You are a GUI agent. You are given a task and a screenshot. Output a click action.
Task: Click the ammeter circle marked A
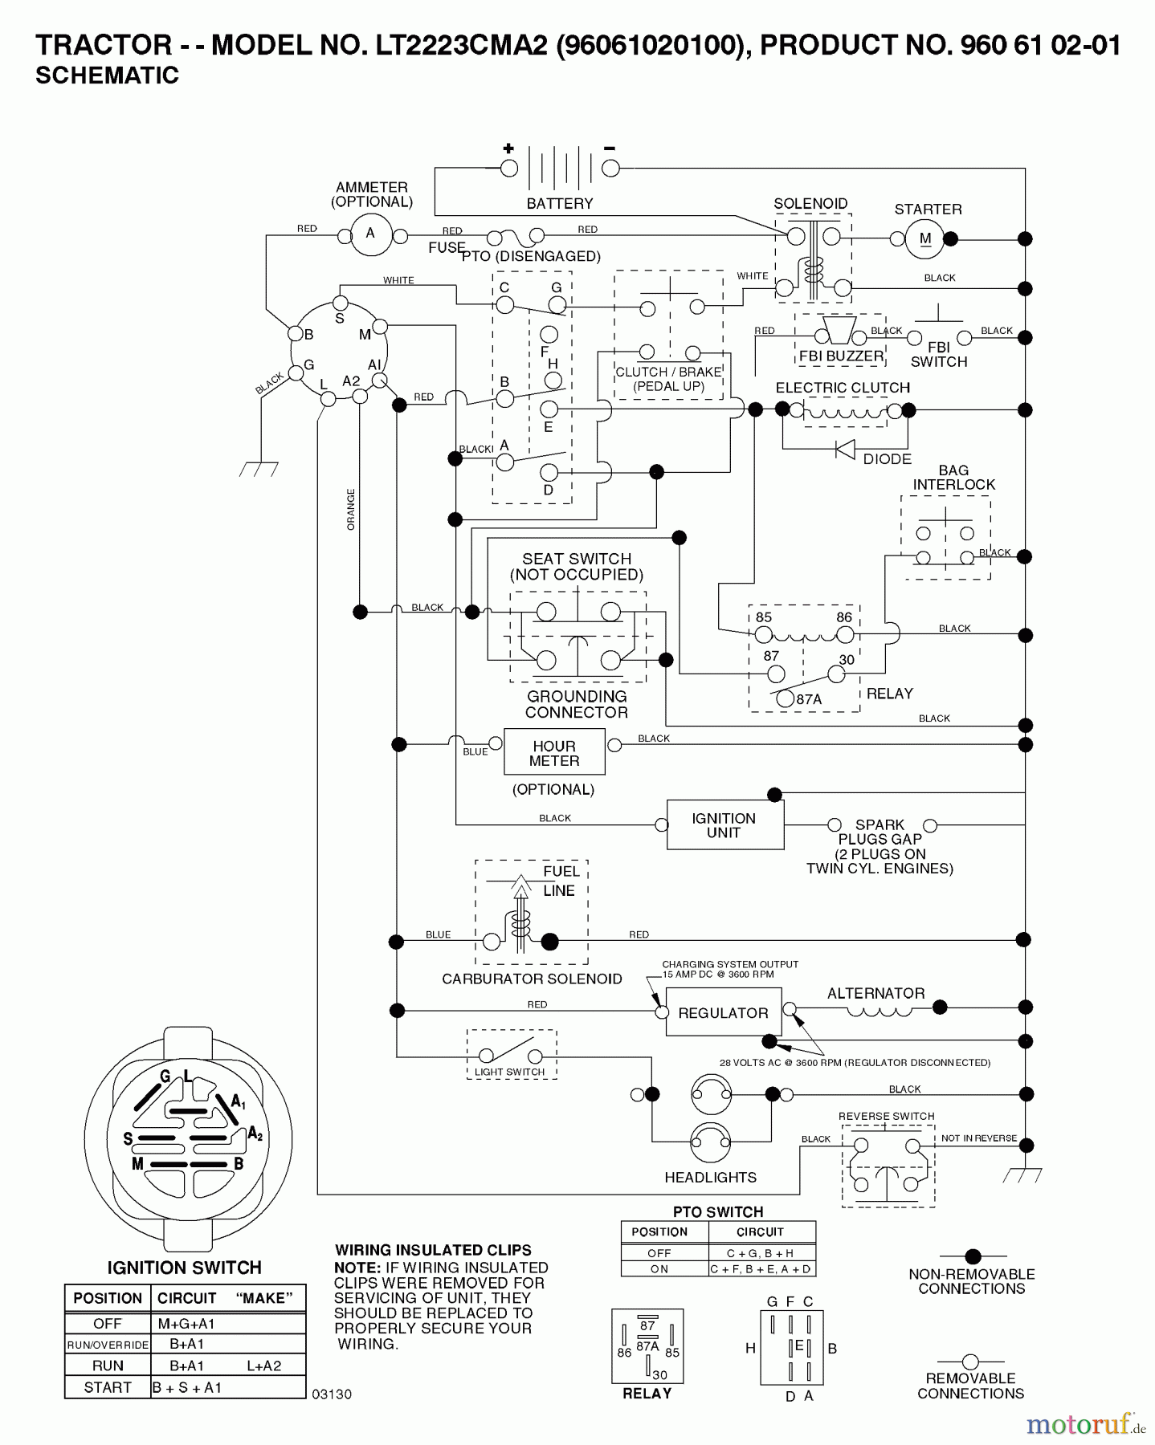click(x=370, y=234)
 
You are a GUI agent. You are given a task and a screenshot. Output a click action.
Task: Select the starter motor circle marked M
click(x=925, y=238)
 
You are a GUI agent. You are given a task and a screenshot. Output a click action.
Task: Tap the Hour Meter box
click(x=554, y=752)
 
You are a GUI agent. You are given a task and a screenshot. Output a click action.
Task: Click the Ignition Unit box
click(x=724, y=824)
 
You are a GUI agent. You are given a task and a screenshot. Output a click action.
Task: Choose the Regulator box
click(x=722, y=1013)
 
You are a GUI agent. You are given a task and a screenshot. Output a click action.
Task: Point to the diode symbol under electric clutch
click(x=845, y=450)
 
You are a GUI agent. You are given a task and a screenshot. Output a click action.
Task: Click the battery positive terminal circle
click(x=508, y=168)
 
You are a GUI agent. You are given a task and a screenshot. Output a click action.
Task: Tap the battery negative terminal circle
click(x=611, y=168)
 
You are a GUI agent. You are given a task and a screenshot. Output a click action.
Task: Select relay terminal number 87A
click(x=786, y=698)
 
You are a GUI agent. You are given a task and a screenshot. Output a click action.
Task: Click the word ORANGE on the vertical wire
click(x=351, y=509)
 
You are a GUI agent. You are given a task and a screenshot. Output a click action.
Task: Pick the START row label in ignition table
click(x=108, y=1387)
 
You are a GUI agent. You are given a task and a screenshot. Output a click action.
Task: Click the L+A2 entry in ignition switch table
click(x=263, y=1366)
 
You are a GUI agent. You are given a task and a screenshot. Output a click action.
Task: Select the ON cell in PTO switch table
click(x=659, y=1269)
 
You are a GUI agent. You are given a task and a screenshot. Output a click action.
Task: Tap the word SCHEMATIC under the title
click(x=107, y=75)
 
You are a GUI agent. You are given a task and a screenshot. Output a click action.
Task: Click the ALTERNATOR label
click(x=875, y=993)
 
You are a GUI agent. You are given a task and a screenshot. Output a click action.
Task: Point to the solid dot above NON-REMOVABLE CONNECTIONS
click(x=973, y=1256)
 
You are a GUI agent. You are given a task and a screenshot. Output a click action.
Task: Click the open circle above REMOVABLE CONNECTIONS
click(x=970, y=1362)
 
